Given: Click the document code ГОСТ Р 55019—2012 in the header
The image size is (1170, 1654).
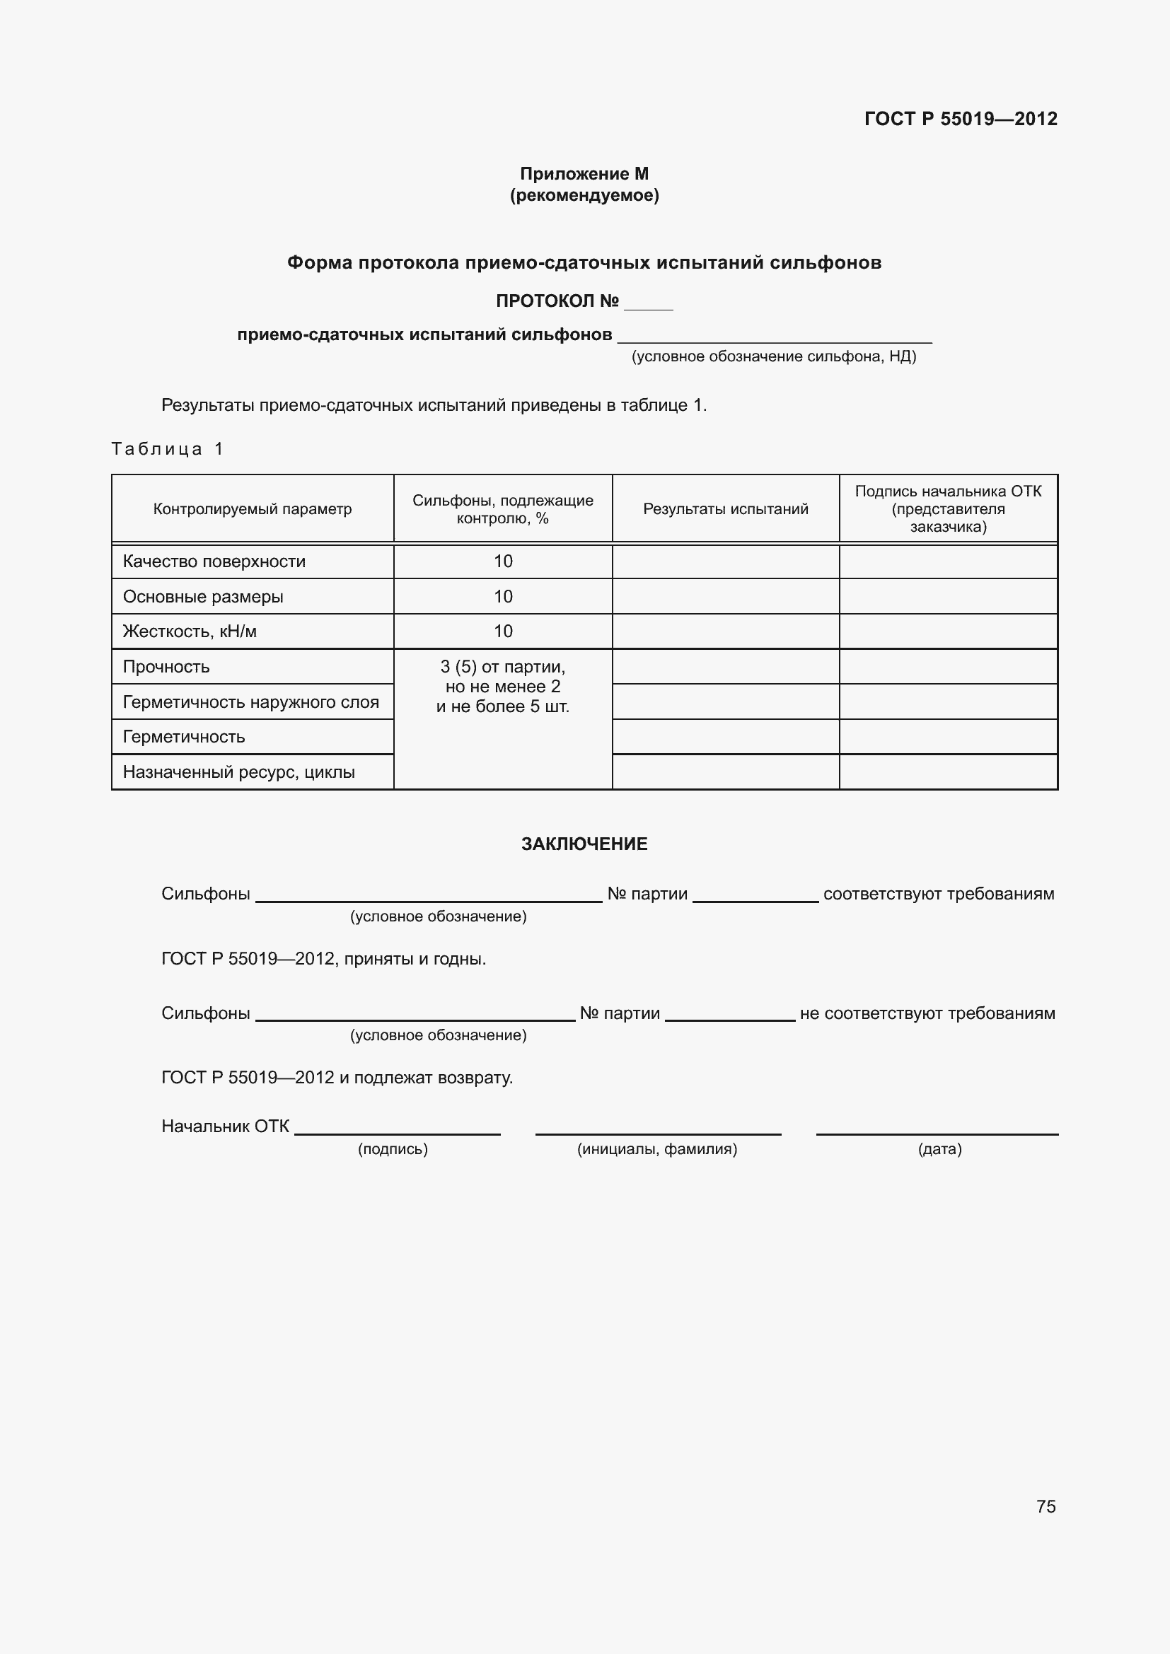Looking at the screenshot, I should tap(961, 119).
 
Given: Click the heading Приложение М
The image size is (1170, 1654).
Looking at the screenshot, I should tap(584, 174).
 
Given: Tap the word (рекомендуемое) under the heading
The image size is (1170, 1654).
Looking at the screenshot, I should tap(584, 195).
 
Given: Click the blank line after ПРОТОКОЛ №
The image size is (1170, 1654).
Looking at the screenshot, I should tap(648, 305).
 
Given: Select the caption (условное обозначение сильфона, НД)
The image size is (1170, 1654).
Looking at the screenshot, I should tap(774, 356).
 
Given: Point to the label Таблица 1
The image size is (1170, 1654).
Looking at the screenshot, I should tap(167, 449).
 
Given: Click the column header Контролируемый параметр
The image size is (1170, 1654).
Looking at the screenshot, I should tap(252, 509).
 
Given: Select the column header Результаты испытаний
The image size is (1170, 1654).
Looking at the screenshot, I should tap(726, 509).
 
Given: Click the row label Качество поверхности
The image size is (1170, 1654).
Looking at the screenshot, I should tap(214, 561).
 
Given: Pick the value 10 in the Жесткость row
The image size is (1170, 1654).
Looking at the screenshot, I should tap(503, 631).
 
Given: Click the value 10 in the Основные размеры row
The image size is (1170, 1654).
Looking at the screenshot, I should tap(503, 597).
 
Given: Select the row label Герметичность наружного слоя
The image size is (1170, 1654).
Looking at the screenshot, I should tap(250, 701).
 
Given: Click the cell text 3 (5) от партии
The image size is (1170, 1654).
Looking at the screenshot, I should tap(503, 667).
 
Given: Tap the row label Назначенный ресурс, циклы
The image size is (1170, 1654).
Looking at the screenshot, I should tap(238, 772).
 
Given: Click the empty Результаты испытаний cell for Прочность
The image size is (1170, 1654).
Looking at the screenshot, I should tap(726, 666).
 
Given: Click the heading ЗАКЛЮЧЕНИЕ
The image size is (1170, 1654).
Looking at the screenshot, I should tap(584, 844).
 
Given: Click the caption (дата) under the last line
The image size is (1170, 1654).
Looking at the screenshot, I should tap(939, 1149).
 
